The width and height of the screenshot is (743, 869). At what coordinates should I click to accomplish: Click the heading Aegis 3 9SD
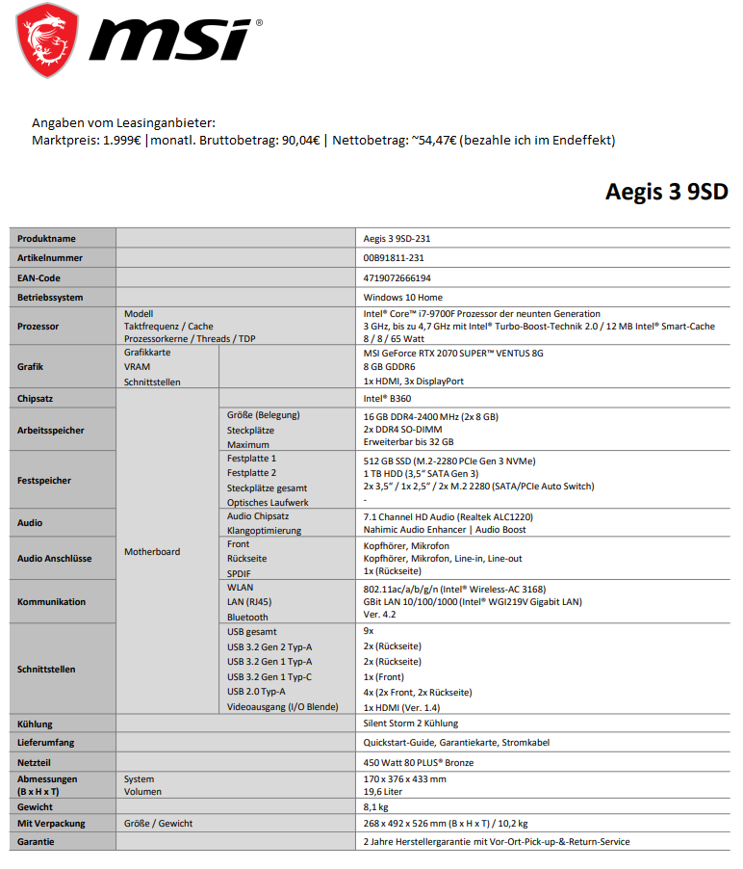pos(666,192)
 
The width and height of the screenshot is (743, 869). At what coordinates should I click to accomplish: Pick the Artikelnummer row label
pos(50,258)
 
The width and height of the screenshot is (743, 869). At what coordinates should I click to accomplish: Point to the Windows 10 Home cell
pos(402,298)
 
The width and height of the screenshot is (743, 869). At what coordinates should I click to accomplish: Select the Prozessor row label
pos(38,327)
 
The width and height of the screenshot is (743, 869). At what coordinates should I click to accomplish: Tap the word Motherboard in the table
pos(152,552)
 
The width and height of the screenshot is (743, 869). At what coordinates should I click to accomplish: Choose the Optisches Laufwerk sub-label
pos(268,502)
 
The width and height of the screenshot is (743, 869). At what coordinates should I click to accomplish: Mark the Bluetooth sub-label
pos(247,617)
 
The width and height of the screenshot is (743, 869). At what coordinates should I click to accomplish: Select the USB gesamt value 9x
pos(369,631)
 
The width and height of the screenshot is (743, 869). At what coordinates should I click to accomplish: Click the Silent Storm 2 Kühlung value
pos(411,724)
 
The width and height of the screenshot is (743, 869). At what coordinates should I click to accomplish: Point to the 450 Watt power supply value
pos(419,763)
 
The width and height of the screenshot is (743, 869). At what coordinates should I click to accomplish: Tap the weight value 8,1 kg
pos(376,807)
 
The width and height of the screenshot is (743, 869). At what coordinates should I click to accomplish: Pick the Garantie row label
pos(36,841)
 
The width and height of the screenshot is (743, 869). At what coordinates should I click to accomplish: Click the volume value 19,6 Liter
pos(383,792)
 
